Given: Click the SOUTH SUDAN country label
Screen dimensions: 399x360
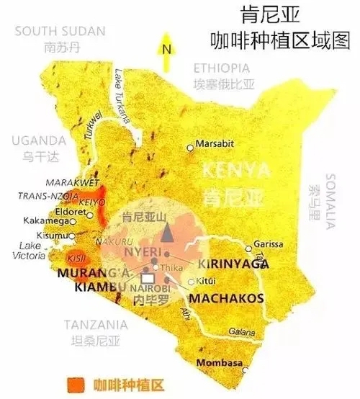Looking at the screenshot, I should (59, 31).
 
